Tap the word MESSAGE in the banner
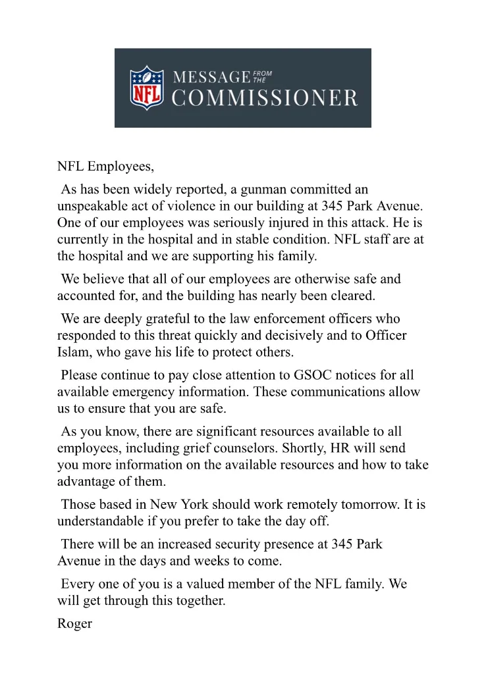pyautogui.click(x=211, y=77)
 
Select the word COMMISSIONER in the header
pyautogui.click(x=265, y=99)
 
